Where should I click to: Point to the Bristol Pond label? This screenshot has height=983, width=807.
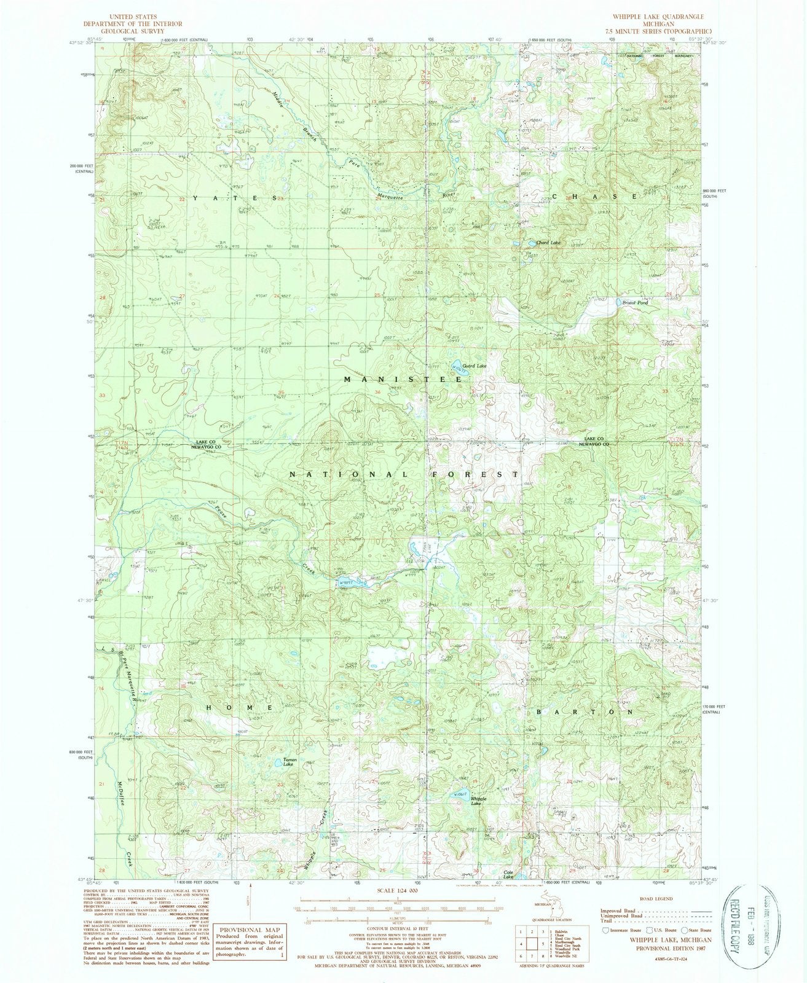[x=634, y=303]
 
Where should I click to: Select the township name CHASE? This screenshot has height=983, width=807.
[x=594, y=196]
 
